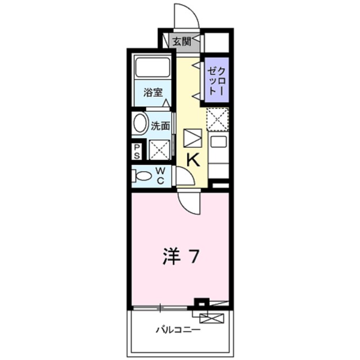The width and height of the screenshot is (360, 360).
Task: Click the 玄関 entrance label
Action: pos(181,40)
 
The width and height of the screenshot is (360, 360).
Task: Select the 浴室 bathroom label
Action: pos(152,92)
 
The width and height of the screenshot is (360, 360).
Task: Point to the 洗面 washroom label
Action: pos(160,125)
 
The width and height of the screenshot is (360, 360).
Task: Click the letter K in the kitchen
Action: pos(192,160)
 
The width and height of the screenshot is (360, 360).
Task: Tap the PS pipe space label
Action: pos(137,151)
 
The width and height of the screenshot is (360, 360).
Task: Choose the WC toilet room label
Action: pos(160,174)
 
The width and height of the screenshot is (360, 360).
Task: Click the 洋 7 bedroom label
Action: pos(180,257)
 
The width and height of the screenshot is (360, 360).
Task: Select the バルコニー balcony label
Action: pos(178,330)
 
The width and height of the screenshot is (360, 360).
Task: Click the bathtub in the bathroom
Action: pos(152,69)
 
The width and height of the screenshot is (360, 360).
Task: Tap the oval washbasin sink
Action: pos(140,124)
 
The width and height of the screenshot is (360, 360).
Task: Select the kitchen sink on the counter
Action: pos(217,143)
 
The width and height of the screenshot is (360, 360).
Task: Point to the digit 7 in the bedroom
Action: pos(193,257)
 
